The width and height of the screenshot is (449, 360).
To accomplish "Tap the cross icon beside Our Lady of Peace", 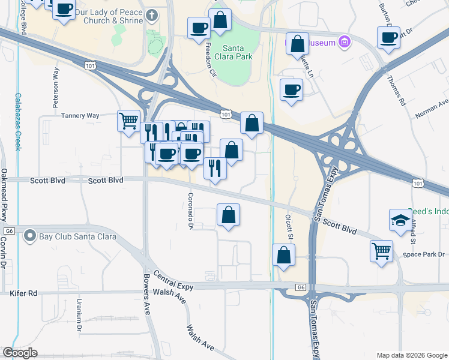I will tap(152, 14).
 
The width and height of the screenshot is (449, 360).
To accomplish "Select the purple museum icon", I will tap(344, 42).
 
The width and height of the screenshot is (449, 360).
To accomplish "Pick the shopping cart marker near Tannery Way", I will tap(128, 121).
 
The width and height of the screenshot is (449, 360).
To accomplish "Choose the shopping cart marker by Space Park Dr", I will tap(382, 251).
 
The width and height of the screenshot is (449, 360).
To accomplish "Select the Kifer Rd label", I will tap(23, 293).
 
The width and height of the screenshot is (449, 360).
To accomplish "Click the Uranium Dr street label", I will tap(79, 316).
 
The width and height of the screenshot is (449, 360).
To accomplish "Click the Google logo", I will tap(20, 353).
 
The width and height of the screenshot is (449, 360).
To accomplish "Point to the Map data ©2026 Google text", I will tap(412, 355).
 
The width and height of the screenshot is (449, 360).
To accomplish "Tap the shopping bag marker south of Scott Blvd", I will tap(228, 215).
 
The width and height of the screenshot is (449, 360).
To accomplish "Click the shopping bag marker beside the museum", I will tap(297, 44).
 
